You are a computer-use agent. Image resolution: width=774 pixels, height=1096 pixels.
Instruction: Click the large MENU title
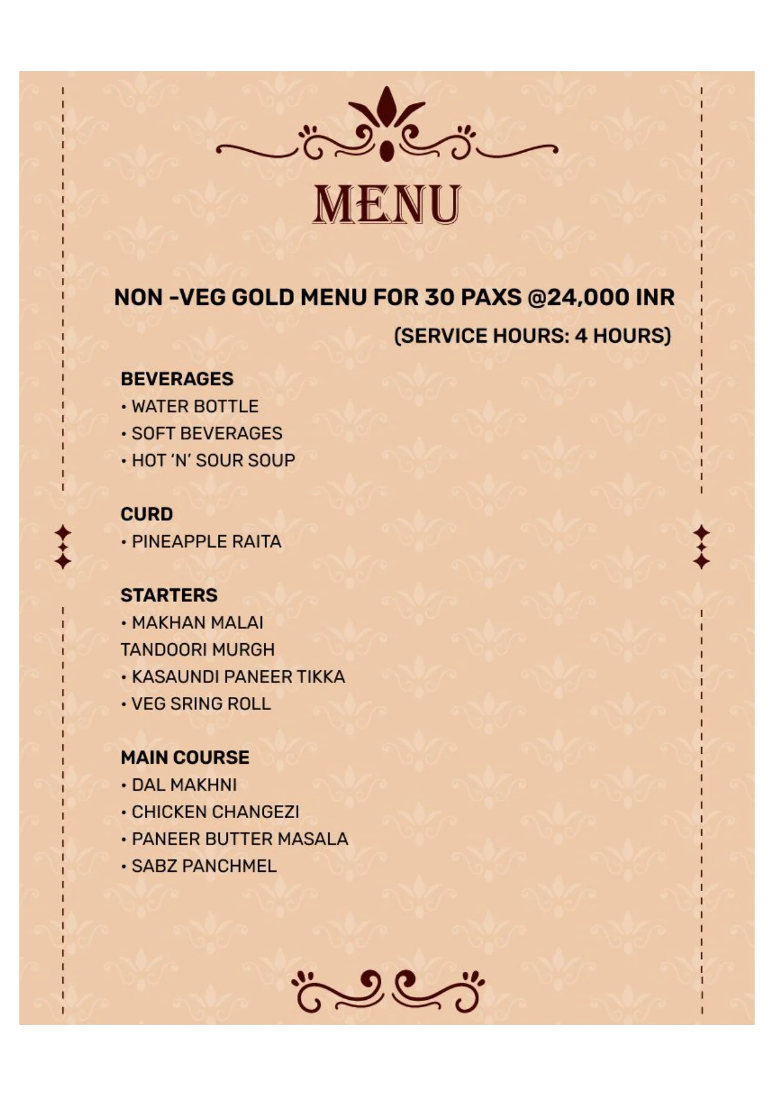386,204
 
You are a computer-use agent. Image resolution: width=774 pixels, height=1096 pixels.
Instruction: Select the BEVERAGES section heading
177,379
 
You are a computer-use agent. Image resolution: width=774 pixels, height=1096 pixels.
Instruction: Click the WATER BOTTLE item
195,407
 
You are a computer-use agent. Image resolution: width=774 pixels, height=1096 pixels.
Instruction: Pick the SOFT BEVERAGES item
207,433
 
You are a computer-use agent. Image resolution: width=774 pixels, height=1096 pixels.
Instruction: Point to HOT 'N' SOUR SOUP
213,460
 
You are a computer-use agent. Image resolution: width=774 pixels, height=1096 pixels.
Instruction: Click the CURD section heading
147,514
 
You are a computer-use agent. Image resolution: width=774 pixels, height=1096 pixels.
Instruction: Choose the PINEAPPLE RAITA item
206,541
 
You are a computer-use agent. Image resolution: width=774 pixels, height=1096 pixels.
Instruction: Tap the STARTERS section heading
169,595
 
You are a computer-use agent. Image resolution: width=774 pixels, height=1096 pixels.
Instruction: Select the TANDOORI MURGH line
197,649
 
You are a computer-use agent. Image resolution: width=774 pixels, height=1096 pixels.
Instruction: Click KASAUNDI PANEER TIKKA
238,676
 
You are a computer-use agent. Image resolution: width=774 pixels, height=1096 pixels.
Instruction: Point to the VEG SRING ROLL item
201,704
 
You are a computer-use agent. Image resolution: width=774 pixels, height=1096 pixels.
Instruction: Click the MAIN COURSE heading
185,758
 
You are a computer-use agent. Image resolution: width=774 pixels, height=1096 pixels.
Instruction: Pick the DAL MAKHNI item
184,785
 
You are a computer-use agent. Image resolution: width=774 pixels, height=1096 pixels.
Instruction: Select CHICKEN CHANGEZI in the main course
215,812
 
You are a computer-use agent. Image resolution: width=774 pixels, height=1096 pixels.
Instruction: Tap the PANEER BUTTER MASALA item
240,839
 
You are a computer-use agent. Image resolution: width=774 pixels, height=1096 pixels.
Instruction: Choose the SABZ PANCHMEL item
203,866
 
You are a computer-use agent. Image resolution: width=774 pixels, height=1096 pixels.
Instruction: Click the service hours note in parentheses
532,336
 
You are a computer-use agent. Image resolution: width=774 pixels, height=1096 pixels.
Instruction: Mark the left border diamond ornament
63,547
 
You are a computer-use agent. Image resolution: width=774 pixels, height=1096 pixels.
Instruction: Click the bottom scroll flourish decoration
387,990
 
